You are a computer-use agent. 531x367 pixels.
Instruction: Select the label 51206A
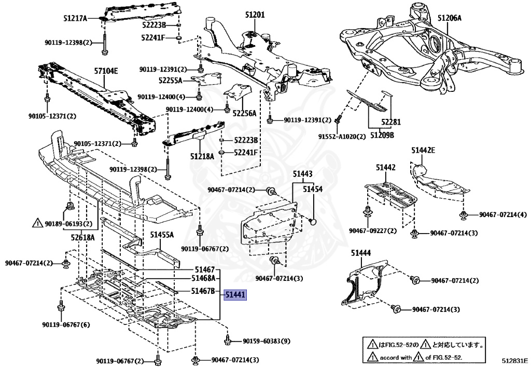449,18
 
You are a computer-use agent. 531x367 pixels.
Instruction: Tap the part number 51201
255,15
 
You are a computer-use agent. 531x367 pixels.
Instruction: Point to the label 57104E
106,71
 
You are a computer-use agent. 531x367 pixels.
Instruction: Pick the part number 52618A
83,237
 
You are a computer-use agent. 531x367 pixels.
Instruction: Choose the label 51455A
162,235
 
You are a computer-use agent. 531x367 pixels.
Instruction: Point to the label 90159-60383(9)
266,341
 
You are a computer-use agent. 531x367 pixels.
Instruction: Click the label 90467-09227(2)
373,230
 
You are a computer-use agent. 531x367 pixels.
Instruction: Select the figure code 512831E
514,359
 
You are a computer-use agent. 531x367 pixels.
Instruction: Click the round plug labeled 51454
313,222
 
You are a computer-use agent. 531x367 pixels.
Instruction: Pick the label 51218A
202,155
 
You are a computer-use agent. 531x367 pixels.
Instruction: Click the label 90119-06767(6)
66,325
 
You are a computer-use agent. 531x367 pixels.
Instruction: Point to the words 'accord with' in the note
397,357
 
